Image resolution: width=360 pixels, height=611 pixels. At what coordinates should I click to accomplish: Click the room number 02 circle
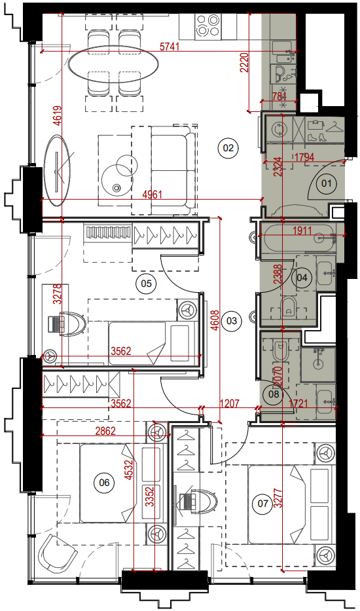(228, 148)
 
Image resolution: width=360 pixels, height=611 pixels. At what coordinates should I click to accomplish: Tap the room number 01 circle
(326, 183)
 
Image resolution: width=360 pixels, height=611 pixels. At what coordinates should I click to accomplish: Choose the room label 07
(263, 504)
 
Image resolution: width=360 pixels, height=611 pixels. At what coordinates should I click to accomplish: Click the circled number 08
(274, 394)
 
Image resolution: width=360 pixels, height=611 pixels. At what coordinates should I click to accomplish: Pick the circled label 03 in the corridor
(232, 321)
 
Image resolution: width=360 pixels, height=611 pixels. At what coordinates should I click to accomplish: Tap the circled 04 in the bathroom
(302, 278)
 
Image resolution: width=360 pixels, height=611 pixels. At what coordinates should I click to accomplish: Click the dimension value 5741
(170, 46)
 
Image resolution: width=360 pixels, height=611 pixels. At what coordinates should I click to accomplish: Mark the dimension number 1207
(230, 403)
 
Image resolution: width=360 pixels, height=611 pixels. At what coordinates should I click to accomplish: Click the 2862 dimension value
(105, 431)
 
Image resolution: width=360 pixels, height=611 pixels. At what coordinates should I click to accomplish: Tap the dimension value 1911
(302, 231)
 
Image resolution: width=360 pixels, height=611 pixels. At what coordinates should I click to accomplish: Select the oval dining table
(113, 63)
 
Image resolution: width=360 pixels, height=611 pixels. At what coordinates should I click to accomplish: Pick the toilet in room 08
(280, 351)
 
